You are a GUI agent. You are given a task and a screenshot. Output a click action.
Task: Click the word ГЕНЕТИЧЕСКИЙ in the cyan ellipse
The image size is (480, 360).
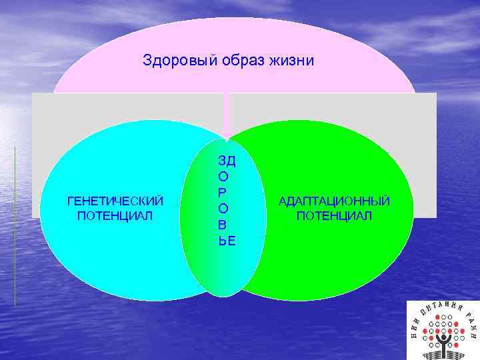coord(115,201)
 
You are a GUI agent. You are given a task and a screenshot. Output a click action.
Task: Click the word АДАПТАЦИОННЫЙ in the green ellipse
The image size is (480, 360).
coord(335,201)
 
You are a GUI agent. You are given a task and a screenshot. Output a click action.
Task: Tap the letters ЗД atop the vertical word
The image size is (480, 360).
coord(226,162)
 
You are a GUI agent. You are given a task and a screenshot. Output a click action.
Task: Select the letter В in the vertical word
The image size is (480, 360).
coord(223,226)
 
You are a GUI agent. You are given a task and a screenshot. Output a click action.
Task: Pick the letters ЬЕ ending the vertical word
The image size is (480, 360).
coord(227,241)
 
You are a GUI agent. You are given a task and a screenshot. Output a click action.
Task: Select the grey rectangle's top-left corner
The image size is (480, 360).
coord(32,93)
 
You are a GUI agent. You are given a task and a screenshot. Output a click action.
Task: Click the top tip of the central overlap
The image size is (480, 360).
coord(227,140)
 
